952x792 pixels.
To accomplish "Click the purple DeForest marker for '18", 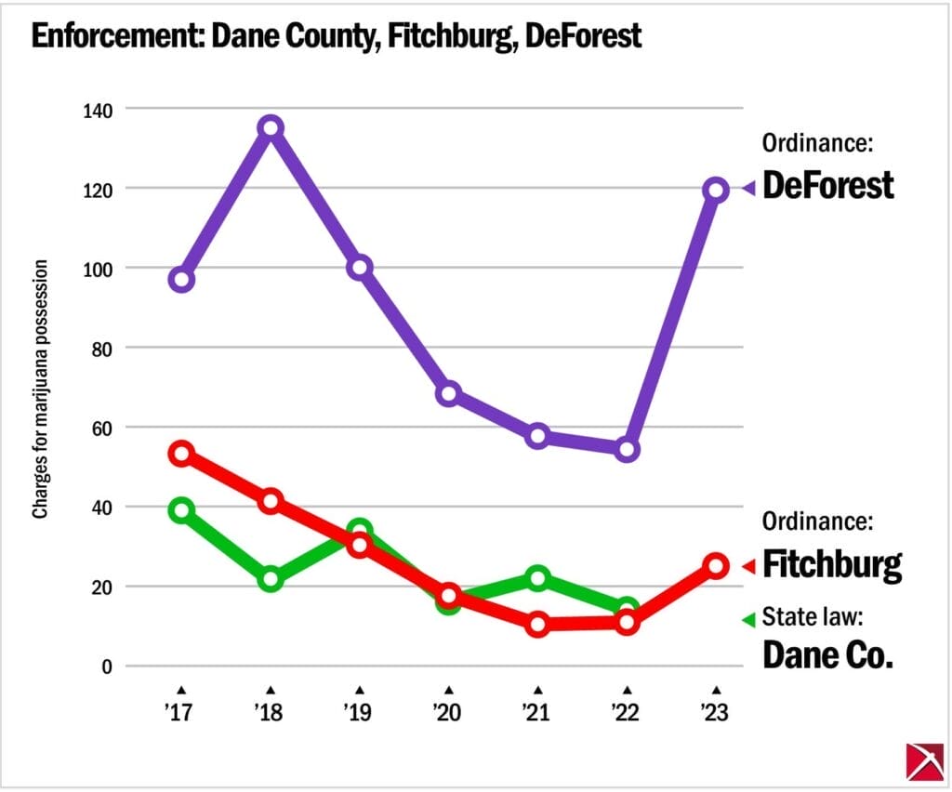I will click(271, 127).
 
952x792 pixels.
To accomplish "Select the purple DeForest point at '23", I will click(715, 190).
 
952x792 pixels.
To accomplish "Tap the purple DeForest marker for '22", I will click(627, 449).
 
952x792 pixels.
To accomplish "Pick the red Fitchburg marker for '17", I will click(181, 454).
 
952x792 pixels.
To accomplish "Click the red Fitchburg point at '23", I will click(715, 565).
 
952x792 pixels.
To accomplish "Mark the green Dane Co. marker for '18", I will click(271, 578).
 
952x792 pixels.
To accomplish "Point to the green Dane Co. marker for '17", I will click(181, 509).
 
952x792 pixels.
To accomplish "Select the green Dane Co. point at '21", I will click(537, 578).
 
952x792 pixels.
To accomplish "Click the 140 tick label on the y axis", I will click(95, 110).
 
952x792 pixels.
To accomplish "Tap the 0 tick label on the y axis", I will click(107, 667).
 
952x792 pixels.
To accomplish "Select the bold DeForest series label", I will click(827, 186).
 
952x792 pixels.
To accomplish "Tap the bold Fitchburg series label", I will click(831, 563).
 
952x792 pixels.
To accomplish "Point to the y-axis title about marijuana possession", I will click(41, 389).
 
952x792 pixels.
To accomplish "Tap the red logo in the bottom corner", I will click(923, 760).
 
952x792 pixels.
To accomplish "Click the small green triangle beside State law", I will click(747, 619).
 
